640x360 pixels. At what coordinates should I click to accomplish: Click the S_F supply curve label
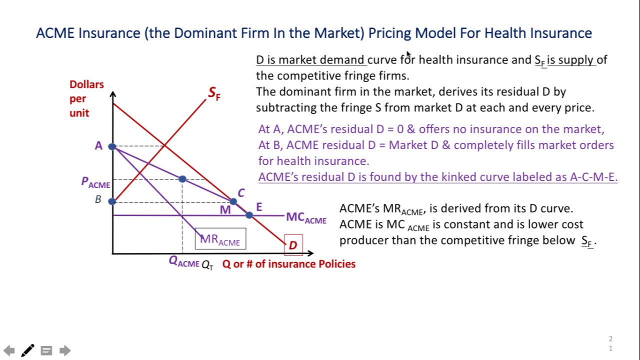pos(214,93)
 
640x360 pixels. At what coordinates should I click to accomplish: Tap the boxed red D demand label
pos(293,245)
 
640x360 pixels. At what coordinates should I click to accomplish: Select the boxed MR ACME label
pos(220,239)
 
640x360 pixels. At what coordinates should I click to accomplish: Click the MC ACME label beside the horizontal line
pos(306,218)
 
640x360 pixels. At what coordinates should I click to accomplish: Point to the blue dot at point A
pos(112,146)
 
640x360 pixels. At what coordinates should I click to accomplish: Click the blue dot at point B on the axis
pos(112,201)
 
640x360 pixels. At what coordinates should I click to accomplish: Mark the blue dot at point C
pos(233,201)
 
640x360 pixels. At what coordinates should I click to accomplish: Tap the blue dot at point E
pos(249,215)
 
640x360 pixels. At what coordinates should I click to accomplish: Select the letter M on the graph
pos(225,210)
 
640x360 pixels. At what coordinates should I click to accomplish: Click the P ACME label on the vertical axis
pos(95,182)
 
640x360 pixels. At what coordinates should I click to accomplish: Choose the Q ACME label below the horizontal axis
pos(184,261)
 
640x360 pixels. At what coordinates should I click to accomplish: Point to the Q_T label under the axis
pos(207,265)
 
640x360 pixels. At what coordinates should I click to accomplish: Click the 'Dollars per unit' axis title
pos(86,98)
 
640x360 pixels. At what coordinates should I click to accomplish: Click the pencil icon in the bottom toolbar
pos(27,350)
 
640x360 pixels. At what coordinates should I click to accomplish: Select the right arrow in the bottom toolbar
pos(64,350)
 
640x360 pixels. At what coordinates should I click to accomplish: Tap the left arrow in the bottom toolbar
pos(9,350)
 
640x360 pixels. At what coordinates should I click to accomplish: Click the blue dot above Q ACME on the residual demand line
pos(182,178)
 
